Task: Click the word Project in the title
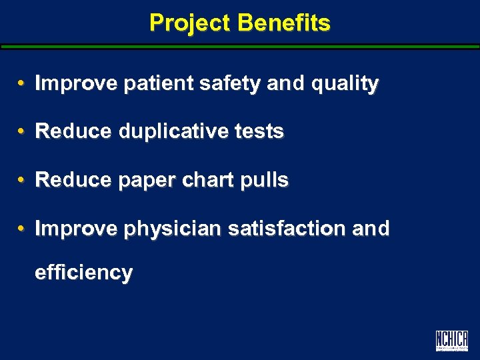(x=191, y=23)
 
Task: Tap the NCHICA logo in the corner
(x=451, y=341)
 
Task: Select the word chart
(x=206, y=180)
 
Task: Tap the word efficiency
(x=84, y=273)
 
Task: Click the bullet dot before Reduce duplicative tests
(x=22, y=132)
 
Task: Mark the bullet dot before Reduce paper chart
(x=22, y=180)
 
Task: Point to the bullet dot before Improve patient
(x=22, y=84)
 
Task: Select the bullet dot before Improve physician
(x=22, y=229)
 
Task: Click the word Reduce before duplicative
(x=74, y=132)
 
